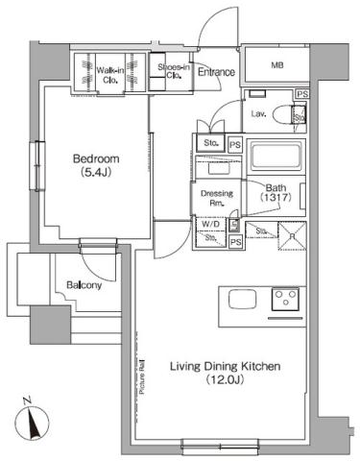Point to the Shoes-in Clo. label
pyautogui.click(x=172, y=70)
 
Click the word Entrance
pyautogui.click(x=216, y=71)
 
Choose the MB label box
pyautogui.click(x=276, y=66)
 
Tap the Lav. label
pyautogui.click(x=257, y=114)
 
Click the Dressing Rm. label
pyautogui.click(x=211, y=197)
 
